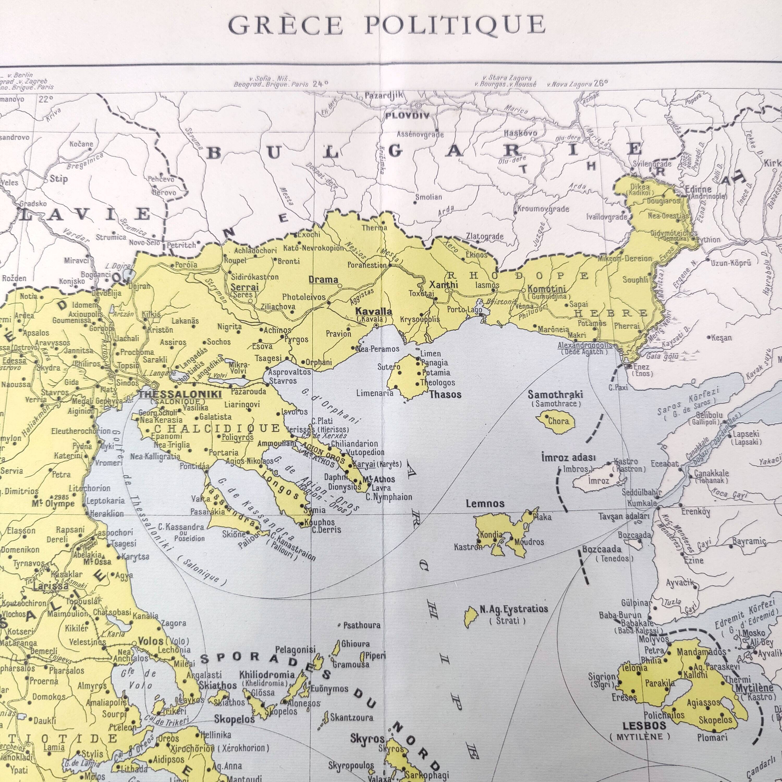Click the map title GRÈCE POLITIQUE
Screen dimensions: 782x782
point(387,25)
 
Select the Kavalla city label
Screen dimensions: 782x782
point(373,311)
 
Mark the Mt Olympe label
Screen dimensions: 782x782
point(53,504)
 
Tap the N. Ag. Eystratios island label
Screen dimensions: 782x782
point(514,609)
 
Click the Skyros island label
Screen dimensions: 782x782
point(367,739)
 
